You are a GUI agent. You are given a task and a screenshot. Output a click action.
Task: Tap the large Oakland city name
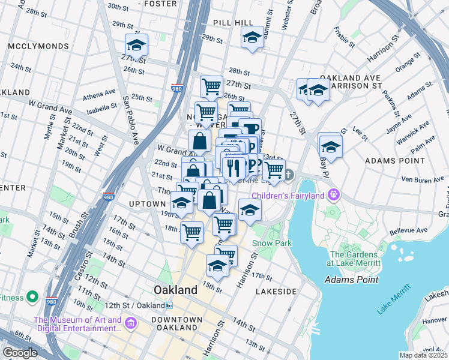click(x=175, y=290)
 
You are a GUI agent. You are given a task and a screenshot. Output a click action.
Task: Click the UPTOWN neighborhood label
click(x=146, y=204)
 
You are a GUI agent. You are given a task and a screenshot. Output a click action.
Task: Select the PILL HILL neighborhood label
click(x=234, y=22)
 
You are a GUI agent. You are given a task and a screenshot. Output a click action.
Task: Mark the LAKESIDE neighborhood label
click(x=276, y=291)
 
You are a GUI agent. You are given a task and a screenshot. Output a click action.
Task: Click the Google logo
click(x=20, y=353)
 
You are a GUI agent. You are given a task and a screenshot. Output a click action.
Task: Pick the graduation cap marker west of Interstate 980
click(x=136, y=44)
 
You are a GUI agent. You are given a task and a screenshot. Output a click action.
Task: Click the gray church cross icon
click(x=289, y=175)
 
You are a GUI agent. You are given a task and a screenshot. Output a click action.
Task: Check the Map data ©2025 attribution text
click(x=423, y=355)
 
